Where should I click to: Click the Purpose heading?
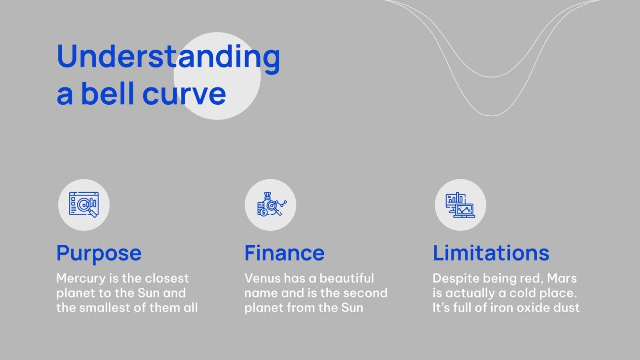tap(99, 252)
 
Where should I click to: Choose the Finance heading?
tap(285, 252)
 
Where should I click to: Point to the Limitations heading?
tap(491, 252)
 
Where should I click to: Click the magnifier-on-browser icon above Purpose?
tap(84, 205)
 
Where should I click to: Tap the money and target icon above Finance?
tap(270, 205)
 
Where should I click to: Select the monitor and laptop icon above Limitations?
tap(460, 205)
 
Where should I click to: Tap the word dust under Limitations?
tap(567, 307)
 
